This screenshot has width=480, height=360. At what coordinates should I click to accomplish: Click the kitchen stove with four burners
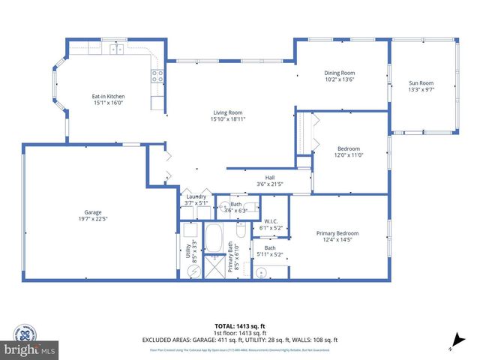click(x=157, y=75)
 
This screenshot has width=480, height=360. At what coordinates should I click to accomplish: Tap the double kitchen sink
click(x=117, y=49)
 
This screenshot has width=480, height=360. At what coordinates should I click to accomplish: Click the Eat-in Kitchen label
click(x=108, y=97)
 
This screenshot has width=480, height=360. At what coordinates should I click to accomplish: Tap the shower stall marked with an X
click(x=215, y=266)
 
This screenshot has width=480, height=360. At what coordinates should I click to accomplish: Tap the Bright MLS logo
click(x=29, y=343)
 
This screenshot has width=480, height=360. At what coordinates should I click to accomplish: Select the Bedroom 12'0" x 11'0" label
click(x=348, y=151)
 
